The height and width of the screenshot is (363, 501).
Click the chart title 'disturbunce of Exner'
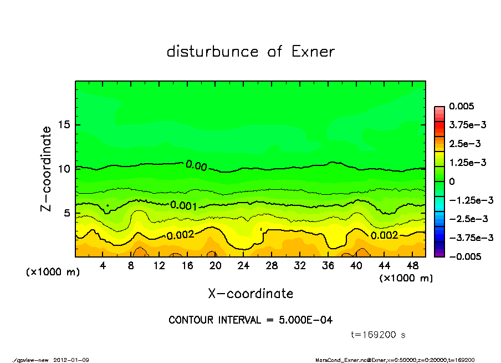pyautogui.click(x=250, y=52)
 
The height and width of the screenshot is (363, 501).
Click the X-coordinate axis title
pyautogui.click(x=250, y=293)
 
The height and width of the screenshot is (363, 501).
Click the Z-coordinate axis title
pyautogui.click(x=47, y=168)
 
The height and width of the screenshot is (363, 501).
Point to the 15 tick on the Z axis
pyautogui.click(x=64, y=124)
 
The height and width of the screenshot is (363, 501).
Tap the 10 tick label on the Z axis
pyautogui.click(x=64, y=168)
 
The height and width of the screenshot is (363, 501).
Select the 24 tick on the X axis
pyautogui.click(x=243, y=266)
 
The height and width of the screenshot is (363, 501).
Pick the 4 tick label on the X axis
pyautogui.click(x=103, y=266)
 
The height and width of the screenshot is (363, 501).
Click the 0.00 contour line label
pyautogui.click(x=196, y=165)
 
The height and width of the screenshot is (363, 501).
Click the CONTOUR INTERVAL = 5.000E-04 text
pyautogui.click(x=250, y=320)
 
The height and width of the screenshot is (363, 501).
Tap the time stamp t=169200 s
pyautogui.click(x=380, y=335)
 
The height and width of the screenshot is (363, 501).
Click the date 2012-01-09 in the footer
pyautogui.click(x=71, y=360)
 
